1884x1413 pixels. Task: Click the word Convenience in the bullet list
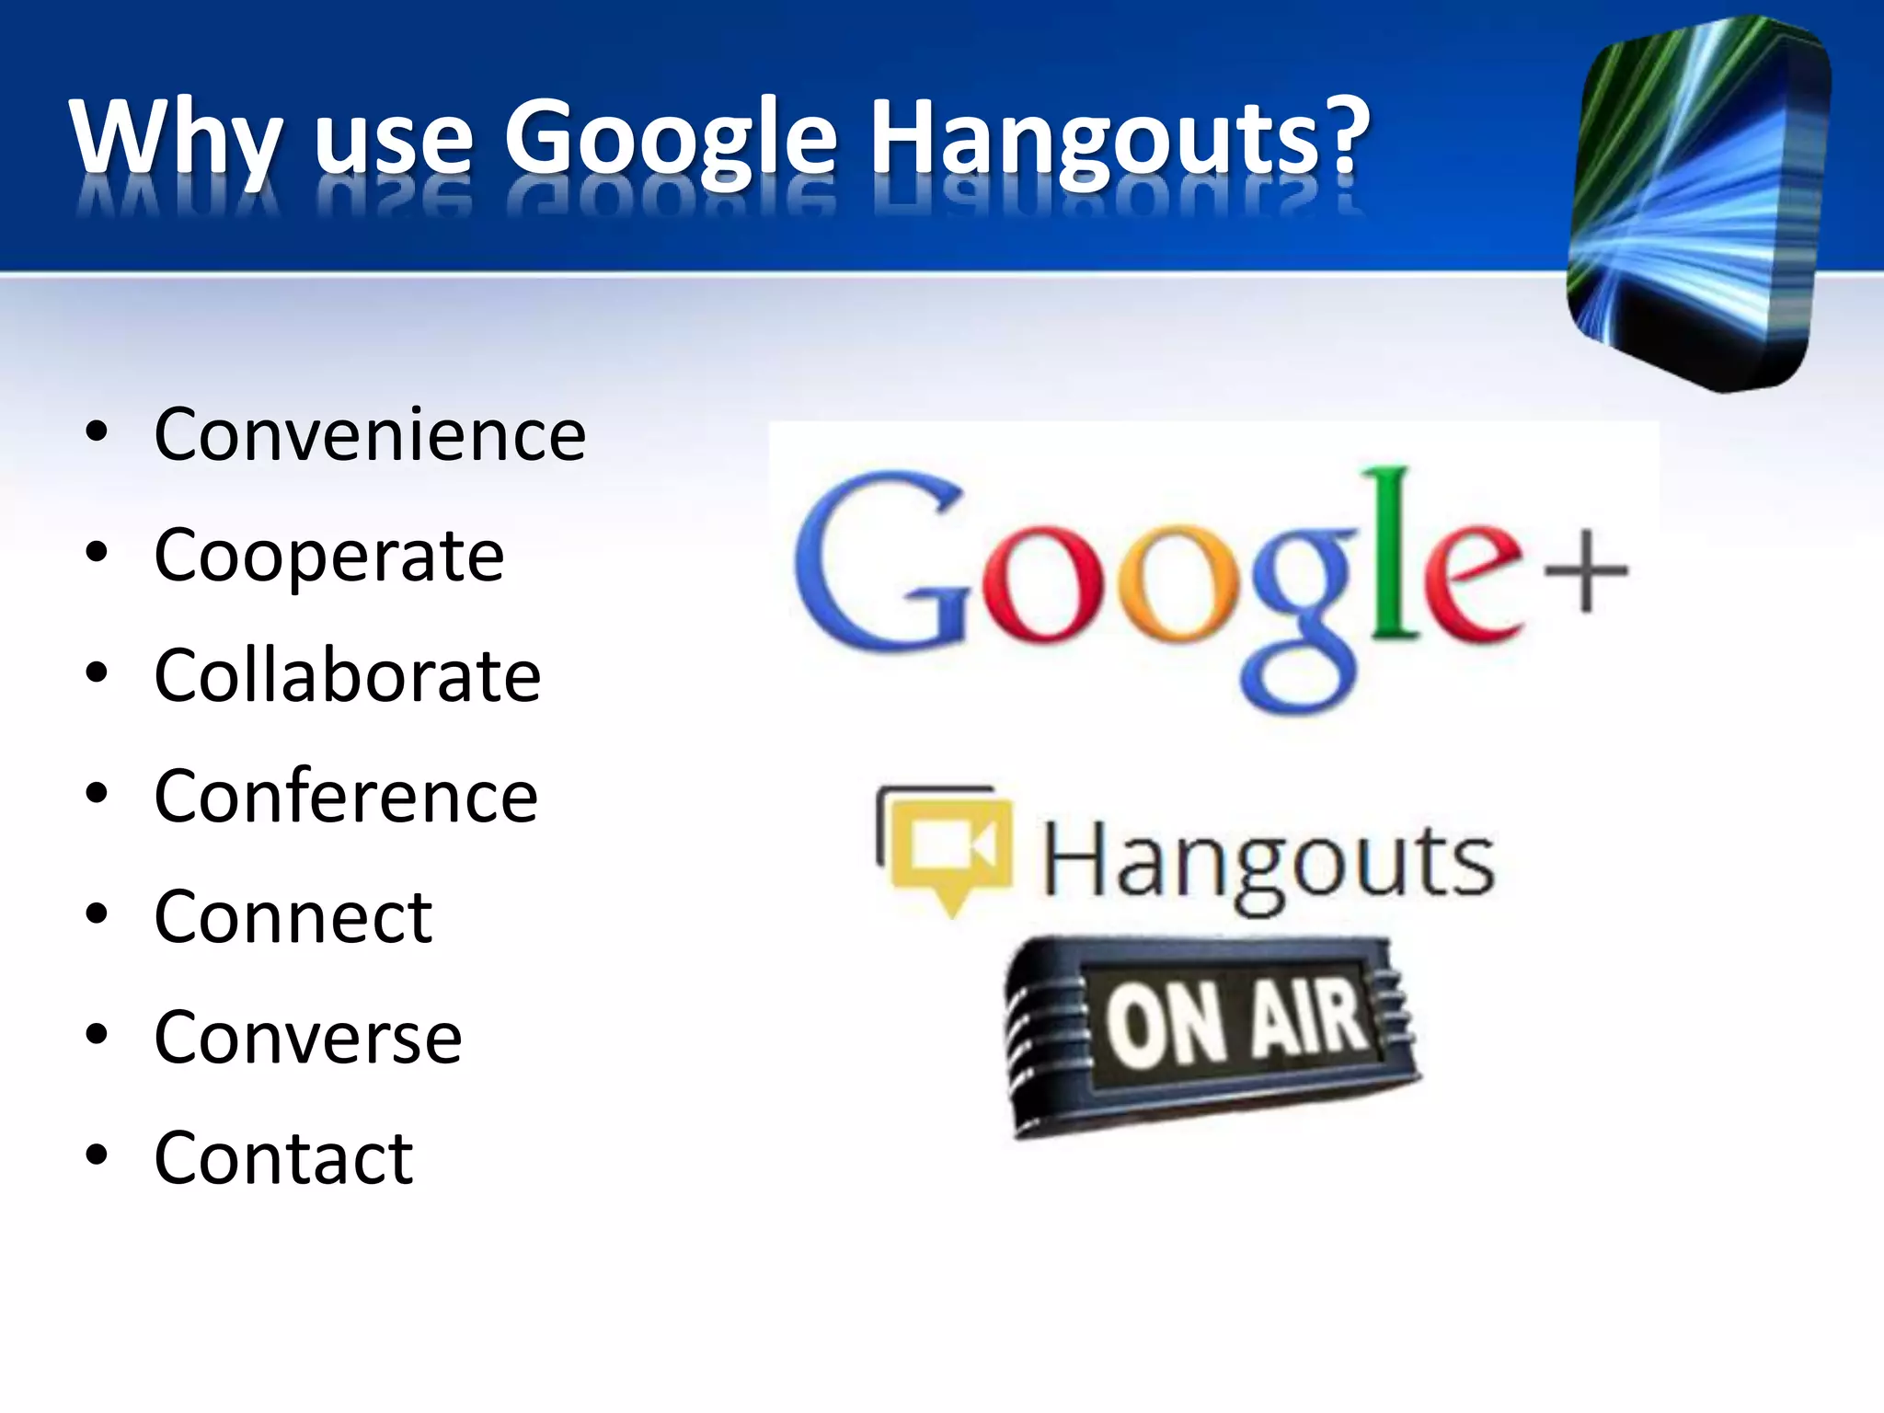(370, 434)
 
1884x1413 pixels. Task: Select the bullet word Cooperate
(329, 556)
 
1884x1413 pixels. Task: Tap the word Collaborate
(348, 675)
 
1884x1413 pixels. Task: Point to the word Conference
(346, 796)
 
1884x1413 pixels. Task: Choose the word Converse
(308, 1037)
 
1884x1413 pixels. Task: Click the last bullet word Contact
(283, 1157)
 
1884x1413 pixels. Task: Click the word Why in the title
(175, 138)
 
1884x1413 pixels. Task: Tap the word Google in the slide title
(671, 138)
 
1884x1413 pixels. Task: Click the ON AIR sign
(1214, 1035)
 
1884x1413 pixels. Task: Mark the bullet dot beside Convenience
(97, 432)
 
